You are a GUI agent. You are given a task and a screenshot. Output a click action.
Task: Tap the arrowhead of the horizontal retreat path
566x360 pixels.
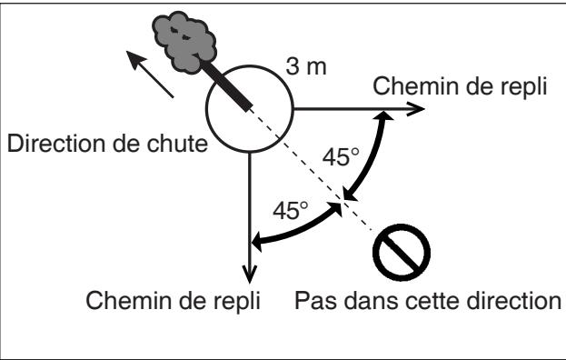click(x=417, y=108)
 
